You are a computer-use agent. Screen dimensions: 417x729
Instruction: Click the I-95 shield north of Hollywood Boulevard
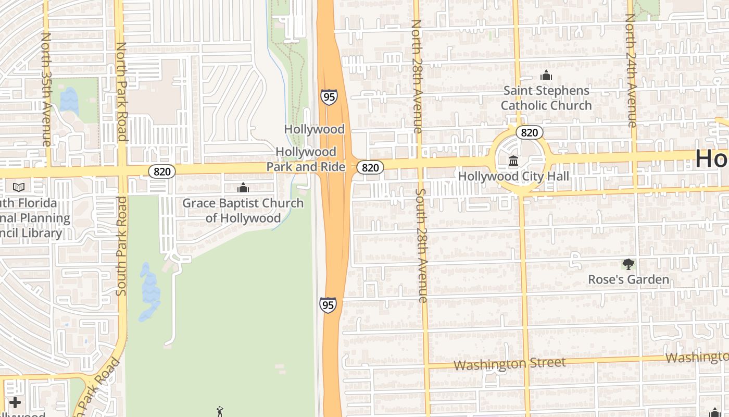click(x=329, y=97)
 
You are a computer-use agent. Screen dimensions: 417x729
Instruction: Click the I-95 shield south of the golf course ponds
click(x=328, y=305)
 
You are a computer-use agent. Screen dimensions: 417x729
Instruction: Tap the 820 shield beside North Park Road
click(x=161, y=171)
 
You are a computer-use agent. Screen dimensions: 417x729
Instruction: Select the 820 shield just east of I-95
click(x=370, y=167)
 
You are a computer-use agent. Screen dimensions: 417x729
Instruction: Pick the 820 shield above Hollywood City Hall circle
click(x=530, y=132)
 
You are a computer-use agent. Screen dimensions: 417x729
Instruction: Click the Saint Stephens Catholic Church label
click(x=546, y=98)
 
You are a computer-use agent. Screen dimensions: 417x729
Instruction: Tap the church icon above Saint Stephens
click(x=546, y=76)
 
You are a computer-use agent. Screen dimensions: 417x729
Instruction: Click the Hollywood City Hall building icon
click(x=513, y=161)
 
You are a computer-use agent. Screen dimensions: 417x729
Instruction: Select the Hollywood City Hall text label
click(x=513, y=177)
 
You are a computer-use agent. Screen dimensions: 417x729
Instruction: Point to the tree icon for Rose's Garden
click(x=629, y=264)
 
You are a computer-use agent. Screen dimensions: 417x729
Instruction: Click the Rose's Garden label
click(x=629, y=280)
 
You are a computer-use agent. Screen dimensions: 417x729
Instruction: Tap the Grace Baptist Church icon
click(x=243, y=188)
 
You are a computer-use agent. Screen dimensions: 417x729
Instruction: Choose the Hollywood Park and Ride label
click(x=306, y=159)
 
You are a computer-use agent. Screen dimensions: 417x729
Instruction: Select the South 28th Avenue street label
click(x=422, y=245)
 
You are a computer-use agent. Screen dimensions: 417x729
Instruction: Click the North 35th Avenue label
click(x=46, y=89)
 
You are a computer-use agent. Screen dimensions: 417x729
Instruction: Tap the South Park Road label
click(x=121, y=246)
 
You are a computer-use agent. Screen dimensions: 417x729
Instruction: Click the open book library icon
click(x=19, y=187)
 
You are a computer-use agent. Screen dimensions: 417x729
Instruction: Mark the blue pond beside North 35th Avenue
click(x=68, y=100)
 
